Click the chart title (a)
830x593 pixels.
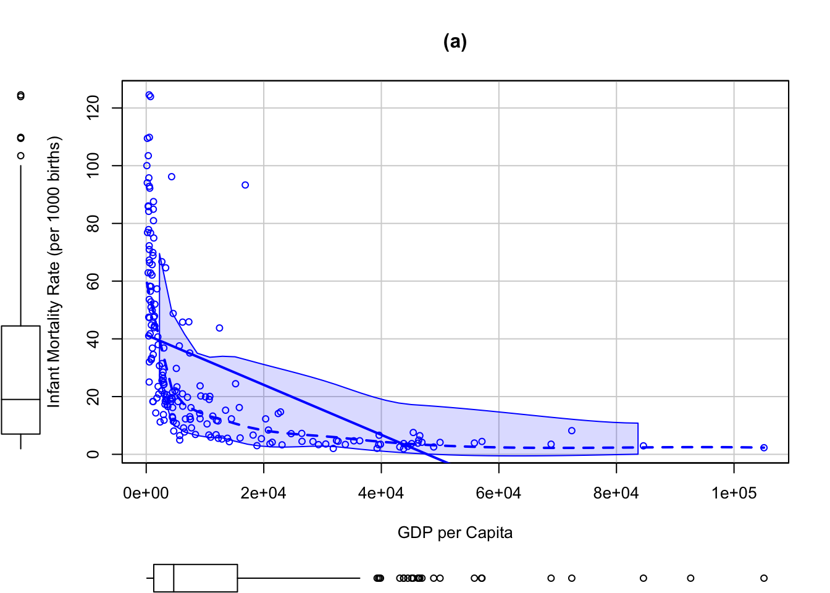[455, 41]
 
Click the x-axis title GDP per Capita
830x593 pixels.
[455, 532]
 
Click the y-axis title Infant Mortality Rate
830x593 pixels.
[54, 272]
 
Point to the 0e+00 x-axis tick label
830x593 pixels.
[146, 493]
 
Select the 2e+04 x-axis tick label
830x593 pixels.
[264, 493]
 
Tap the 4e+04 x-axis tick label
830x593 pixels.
[381, 493]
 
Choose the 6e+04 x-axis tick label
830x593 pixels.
[498, 493]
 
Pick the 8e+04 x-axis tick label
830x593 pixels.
[616, 493]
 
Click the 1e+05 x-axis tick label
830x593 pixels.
[734, 493]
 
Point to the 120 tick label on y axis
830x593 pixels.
[93, 108]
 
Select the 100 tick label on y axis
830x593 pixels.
[93, 166]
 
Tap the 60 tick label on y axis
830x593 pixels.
[93, 281]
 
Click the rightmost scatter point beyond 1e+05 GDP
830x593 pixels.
[764, 448]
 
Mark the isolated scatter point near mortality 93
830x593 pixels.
[245, 185]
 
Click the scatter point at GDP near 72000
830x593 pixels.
[572, 431]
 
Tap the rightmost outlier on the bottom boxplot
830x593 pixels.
[764, 578]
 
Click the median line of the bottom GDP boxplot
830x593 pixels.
[174, 578]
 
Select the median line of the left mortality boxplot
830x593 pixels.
[21, 400]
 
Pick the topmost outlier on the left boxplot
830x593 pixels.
[21, 96]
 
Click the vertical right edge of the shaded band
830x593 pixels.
[638, 439]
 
